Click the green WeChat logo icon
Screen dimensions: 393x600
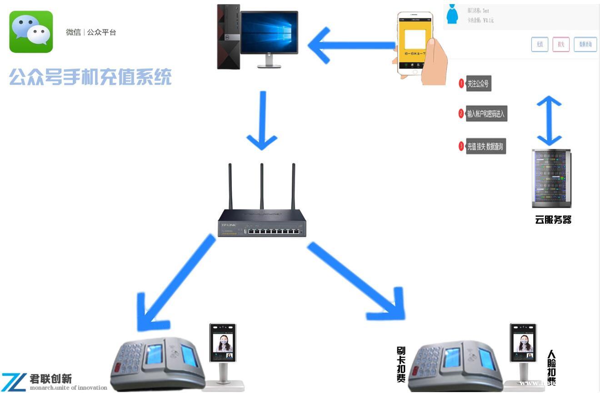click(x=31, y=32)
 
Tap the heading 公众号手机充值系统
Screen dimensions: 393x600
click(x=90, y=77)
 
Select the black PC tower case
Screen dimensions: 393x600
click(x=228, y=36)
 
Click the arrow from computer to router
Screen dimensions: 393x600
click(x=262, y=121)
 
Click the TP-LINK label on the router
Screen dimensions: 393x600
click(x=228, y=225)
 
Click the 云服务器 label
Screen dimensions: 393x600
click(x=553, y=220)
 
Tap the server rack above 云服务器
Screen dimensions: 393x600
click(x=551, y=179)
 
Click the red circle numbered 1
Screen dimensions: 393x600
click(x=461, y=84)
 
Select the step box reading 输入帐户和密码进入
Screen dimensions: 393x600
click(x=486, y=114)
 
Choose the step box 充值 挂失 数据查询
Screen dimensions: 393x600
click(x=485, y=147)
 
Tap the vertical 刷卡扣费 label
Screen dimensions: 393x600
click(x=401, y=364)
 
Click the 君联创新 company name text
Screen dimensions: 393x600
click(x=50, y=379)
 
